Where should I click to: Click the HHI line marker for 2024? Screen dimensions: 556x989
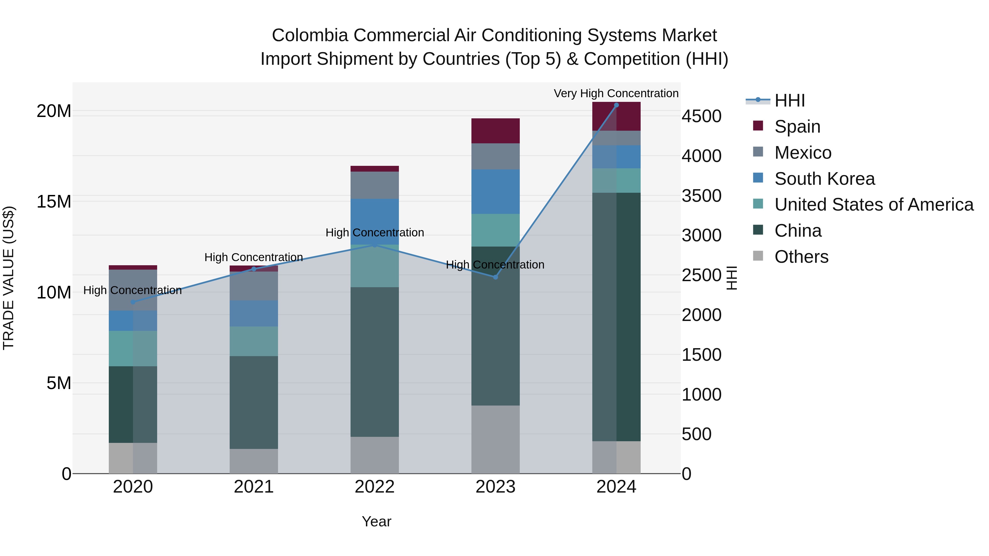[616, 105]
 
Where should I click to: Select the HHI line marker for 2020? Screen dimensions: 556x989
[133, 302]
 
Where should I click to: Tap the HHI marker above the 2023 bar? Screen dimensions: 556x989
[495, 277]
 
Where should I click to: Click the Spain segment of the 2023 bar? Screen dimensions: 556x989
[495, 131]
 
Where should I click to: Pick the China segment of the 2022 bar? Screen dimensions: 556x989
[374, 362]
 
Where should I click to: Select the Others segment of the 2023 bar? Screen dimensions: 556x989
[495, 439]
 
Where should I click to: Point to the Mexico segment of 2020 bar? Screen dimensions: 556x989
[133, 290]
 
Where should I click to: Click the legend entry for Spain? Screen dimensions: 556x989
[797, 127]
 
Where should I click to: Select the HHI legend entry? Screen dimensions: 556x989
[789, 100]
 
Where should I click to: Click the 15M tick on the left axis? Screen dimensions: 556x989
[54, 202]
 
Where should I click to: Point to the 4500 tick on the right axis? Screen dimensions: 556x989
[701, 116]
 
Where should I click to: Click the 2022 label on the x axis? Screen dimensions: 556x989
[374, 487]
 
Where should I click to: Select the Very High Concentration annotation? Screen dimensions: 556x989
[616, 93]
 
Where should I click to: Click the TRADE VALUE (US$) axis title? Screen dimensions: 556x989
[9, 278]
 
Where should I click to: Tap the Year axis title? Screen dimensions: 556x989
[376, 521]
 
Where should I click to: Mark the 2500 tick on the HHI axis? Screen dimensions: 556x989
[701, 275]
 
